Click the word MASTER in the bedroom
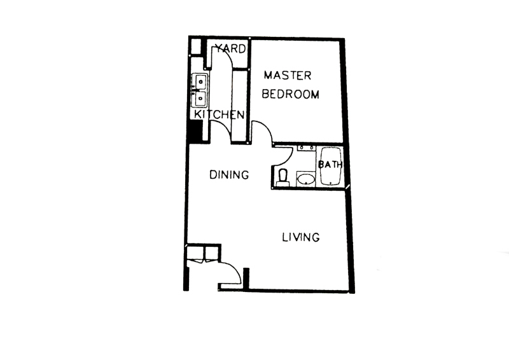point(288,76)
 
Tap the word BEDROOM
point(291,94)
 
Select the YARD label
point(231,49)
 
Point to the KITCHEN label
point(219,114)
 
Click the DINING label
point(229,175)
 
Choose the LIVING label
point(301,237)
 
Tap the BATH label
point(330,165)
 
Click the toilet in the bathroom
point(282,177)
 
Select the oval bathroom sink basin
point(306,179)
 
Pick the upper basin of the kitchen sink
point(200,82)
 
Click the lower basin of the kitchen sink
point(200,99)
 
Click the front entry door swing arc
point(235,267)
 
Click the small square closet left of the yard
point(195,46)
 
